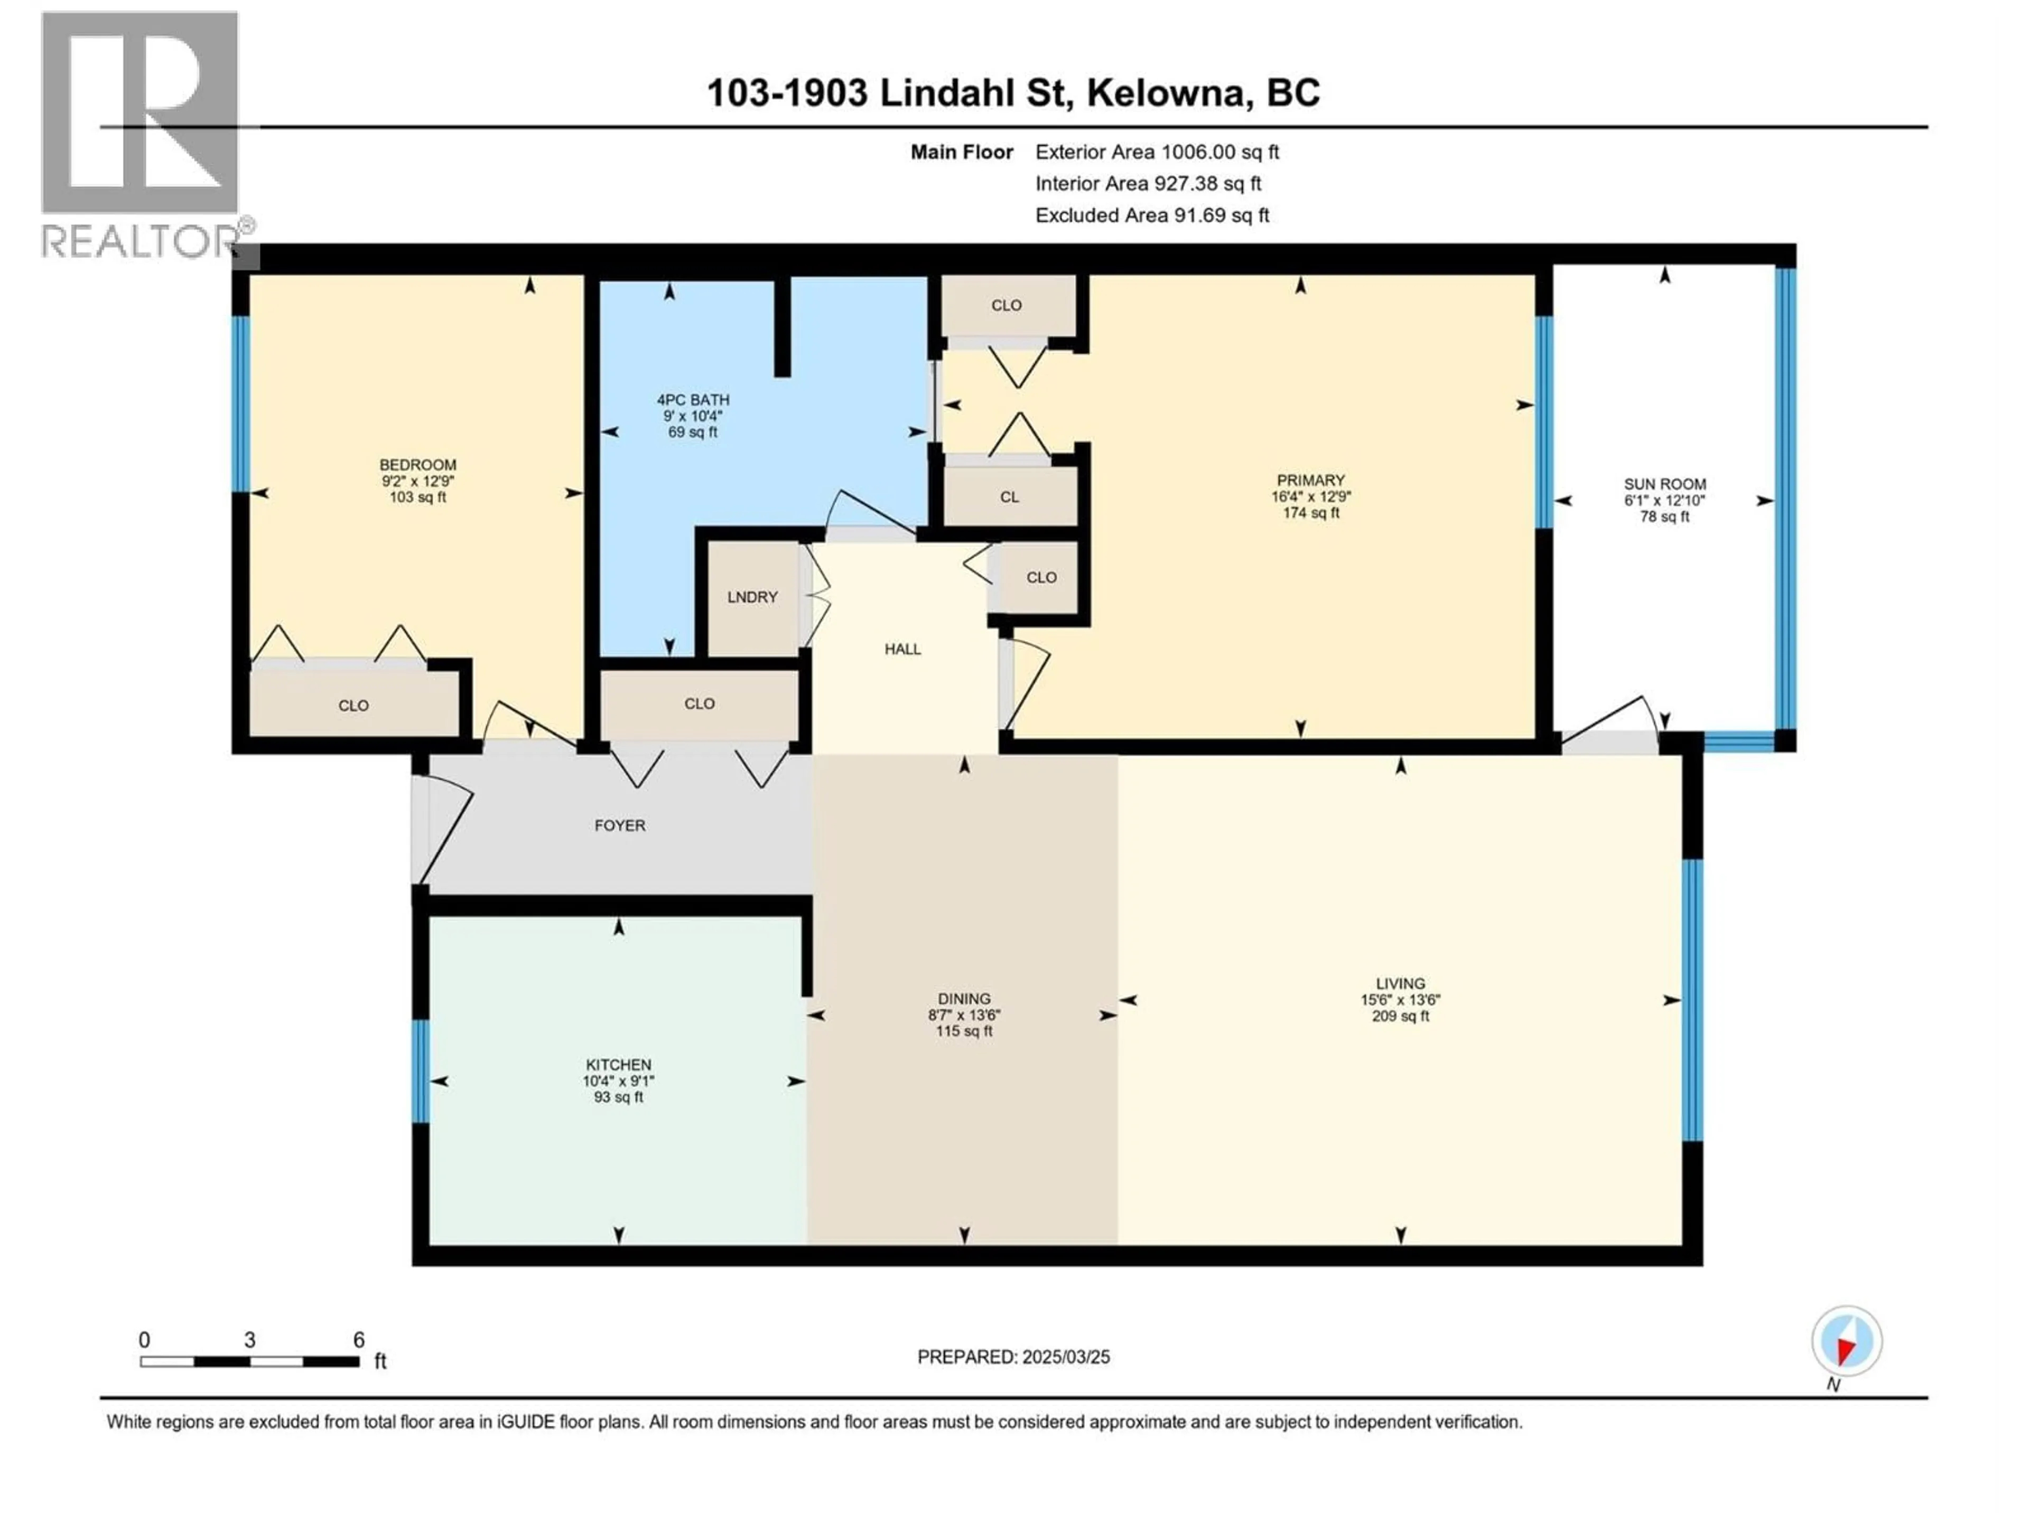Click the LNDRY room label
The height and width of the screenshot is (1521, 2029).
pos(752,597)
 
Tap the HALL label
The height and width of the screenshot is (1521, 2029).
pos(902,649)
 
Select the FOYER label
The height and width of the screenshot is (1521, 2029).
pos(620,825)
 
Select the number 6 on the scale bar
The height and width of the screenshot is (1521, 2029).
pos(359,1339)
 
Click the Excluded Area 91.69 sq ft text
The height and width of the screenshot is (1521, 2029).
pos(1152,215)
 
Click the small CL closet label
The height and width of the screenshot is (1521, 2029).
pos(1009,497)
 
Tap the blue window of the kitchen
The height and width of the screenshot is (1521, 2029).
pos(420,1071)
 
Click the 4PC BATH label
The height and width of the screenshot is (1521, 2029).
pos(693,400)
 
